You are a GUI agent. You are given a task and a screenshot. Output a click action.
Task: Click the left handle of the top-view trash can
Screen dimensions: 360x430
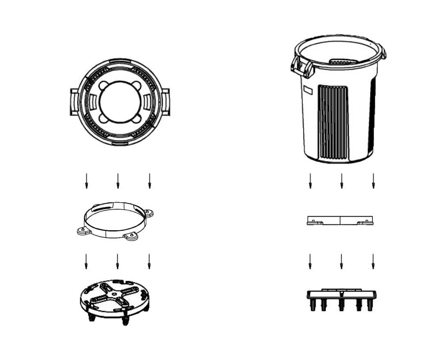click(x=74, y=102)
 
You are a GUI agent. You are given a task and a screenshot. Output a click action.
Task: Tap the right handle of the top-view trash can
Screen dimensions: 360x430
click(x=166, y=102)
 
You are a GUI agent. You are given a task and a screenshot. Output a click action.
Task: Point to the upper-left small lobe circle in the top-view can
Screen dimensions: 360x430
click(x=104, y=85)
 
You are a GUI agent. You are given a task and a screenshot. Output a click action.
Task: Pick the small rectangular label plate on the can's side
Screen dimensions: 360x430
click(x=307, y=90)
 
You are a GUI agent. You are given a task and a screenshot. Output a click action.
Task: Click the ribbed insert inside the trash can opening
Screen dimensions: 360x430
click(x=344, y=62)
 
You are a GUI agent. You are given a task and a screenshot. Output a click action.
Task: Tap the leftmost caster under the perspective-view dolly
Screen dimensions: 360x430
click(x=91, y=317)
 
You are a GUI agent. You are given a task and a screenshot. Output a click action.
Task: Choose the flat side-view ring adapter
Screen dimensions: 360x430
click(x=340, y=220)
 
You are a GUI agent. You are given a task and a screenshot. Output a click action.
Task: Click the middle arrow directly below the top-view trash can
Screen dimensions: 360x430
click(x=118, y=180)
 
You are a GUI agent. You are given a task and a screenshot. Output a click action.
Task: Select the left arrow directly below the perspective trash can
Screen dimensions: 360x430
click(x=310, y=180)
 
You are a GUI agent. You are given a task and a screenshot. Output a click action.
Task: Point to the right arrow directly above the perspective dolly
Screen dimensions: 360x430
click(x=149, y=261)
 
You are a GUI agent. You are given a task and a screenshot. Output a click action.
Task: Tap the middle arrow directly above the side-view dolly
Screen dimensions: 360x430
click(x=341, y=261)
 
